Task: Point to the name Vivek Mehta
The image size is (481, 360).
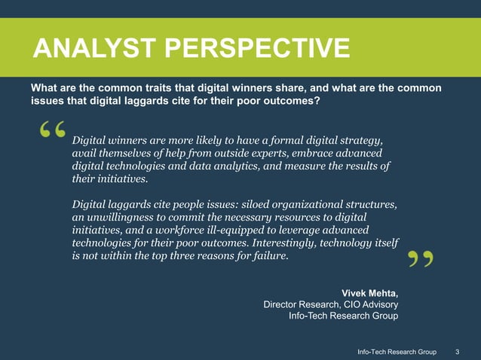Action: point(370,291)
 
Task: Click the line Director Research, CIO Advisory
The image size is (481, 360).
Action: point(330,304)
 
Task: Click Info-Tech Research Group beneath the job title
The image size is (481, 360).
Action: point(343,316)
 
